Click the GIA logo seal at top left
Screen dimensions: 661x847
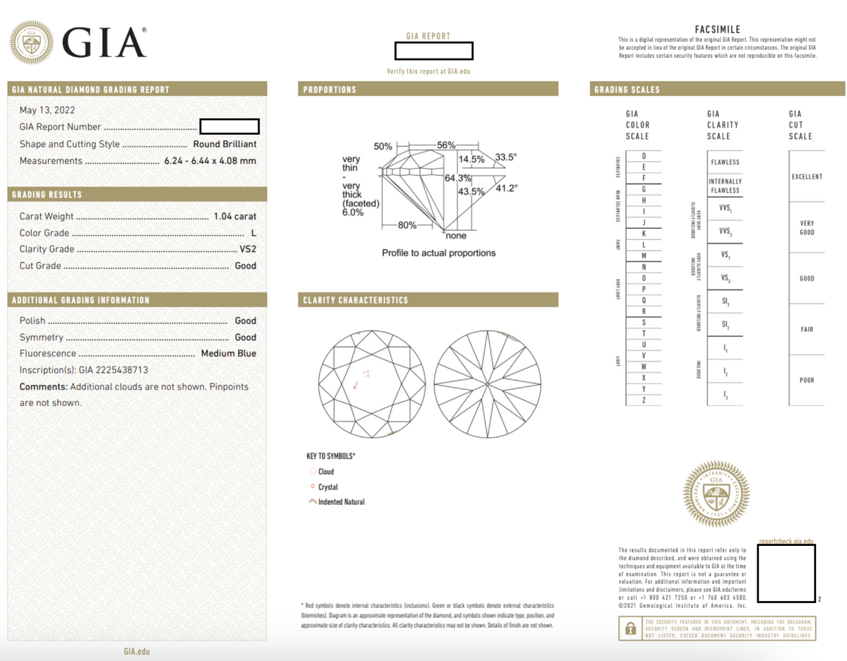(x=31, y=43)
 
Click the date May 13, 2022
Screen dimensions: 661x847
(x=47, y=110)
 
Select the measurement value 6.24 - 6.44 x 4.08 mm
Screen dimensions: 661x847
(x=210, y=161)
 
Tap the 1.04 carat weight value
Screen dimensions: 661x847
(x=235, y=217)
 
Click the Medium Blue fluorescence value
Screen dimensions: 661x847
(x=229, y=354)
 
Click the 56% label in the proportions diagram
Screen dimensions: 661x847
(x=446, y=145)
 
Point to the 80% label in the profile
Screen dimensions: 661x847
(x=407, y=225)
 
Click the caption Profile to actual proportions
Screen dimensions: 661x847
(x=438, y=253)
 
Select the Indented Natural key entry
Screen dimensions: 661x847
(x=342, y=502)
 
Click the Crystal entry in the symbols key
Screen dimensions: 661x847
(x=328, y=487)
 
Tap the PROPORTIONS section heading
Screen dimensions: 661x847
(x=330, y=90)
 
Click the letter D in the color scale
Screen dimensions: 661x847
(x=643, y=155)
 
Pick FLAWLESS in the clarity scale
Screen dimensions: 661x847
(x=725, y=162)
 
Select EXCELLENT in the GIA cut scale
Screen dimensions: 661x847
(x=806, y=177)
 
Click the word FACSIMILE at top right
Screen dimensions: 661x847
(x=717, y=30)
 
